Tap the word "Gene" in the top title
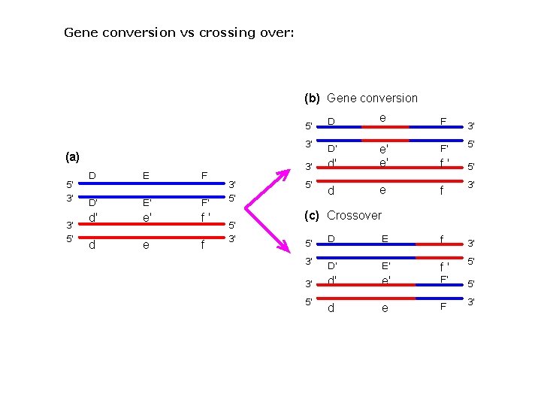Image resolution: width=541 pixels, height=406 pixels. [80, 32]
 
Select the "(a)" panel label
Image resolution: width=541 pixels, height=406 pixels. [72, 157]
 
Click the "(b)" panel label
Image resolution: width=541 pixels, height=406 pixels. [312, 98]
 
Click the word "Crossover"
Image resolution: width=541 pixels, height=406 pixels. [354, 215]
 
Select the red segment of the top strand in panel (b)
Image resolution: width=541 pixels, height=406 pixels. [385, 126]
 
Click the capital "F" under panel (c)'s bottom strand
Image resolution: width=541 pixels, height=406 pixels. [443, 307]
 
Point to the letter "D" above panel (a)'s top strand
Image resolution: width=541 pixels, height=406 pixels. [92, 175]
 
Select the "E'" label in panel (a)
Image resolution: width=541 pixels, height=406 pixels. [147, 203]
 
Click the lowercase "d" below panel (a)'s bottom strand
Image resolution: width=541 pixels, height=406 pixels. [92, 244]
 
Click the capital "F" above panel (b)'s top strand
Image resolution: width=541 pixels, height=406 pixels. [443, 120]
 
